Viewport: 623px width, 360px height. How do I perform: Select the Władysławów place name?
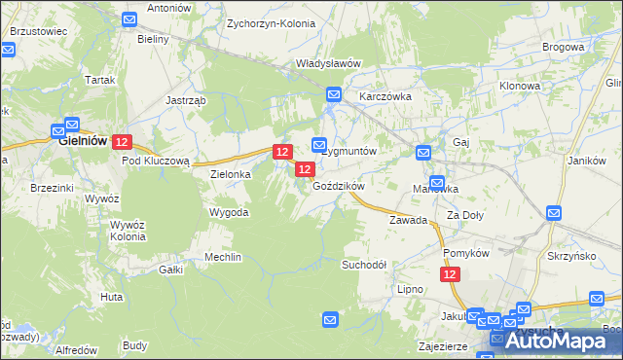pyautogui.click(x=329, y=63)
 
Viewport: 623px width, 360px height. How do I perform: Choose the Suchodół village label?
pyautogui.click(x=364, y=265)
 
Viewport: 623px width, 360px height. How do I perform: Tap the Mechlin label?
pyautogui.click(x=222, y=257)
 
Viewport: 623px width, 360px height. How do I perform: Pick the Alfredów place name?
pyautogui.click(x=76, y=349)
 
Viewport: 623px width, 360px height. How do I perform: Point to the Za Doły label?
pyautogui.click(x=465, y=214)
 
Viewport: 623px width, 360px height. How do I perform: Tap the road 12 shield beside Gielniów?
pyautogui.click(x=122, y=142)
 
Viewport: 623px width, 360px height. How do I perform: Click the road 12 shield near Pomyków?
pyautogui.click(x=450, y=275)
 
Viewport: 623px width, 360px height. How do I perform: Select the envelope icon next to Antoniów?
pyautogui.click(x=130, y=19)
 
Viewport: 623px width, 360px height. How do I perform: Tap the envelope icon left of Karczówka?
pyautogui.click(x=334, y=94)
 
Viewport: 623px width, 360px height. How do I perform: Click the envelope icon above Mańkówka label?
pyautogui.click(x=437, y=182)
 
